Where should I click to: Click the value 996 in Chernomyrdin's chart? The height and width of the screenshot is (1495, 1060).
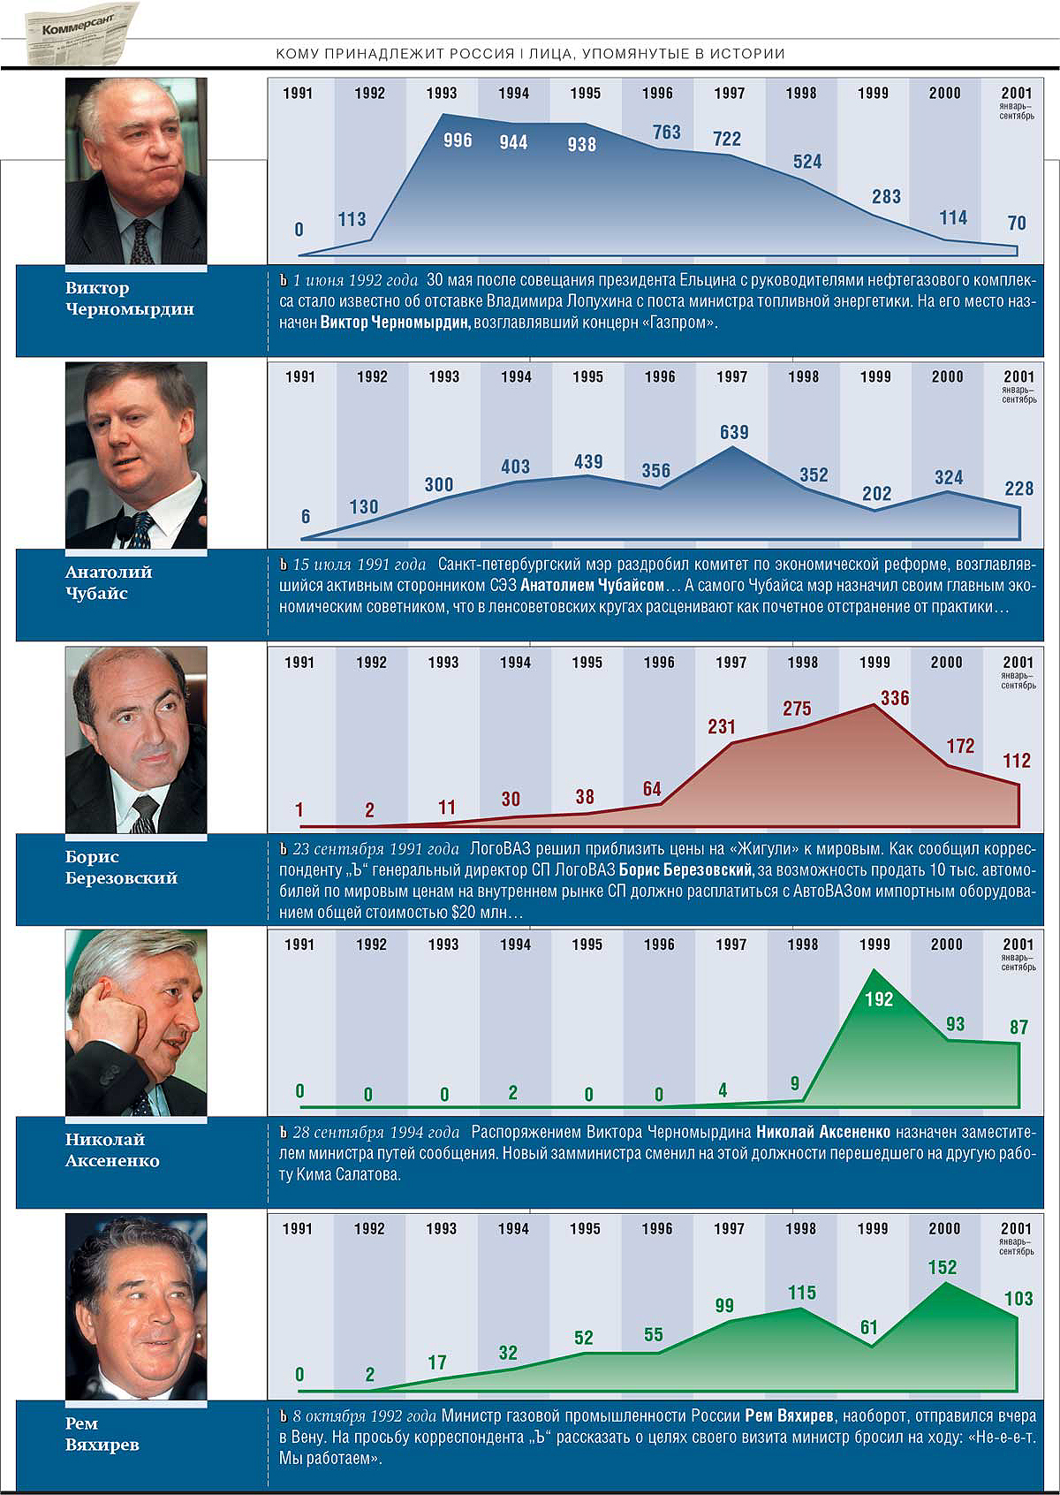(458, 140)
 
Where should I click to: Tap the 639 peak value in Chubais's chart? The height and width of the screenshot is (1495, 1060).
(734, 432)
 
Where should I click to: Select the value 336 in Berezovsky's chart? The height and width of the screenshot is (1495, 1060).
(894, 698)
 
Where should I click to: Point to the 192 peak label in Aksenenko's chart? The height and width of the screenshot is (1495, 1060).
(879, 999)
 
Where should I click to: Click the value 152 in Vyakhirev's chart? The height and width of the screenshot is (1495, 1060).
(943, 1267)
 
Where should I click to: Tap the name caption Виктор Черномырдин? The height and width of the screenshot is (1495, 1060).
(130, 299)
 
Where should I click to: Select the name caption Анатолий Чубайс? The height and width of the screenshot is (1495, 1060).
(109, 582)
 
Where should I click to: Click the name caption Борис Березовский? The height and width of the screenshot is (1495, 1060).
(121, 867)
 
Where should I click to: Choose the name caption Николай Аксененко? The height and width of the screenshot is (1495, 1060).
(112, 1150)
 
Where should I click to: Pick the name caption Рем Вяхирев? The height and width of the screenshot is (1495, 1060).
(102, 1434)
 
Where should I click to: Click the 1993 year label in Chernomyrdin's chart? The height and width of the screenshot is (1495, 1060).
(442, 93)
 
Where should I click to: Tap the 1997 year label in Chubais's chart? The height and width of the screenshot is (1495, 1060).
(731, 376)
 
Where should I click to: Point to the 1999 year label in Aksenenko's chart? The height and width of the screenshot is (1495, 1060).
(874, 944)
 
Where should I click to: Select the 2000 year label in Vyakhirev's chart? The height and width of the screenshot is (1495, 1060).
(944, 1228)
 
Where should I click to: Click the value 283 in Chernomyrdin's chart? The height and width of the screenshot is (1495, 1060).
(886, 196)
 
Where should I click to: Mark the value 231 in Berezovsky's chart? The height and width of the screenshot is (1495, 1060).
(722, 726)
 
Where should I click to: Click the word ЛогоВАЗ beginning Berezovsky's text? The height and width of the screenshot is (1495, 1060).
(499, 849)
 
